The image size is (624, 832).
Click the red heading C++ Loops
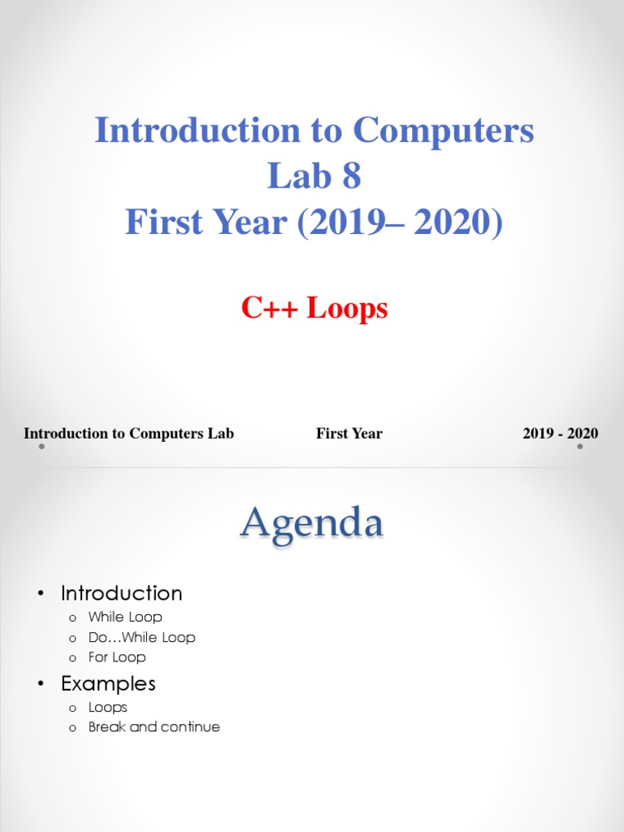pos(314,309)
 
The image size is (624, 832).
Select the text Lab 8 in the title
pos(314,176)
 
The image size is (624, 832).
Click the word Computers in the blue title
pos(443,131)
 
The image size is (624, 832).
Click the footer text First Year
pos(349,433)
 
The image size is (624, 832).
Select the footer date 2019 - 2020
pos(561,433)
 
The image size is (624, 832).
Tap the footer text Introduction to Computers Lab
pos(128,433)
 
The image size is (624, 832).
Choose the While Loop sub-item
pos(125,617)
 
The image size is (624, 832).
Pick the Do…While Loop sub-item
pos(141,638)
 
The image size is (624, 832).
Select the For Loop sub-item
pos(117,657)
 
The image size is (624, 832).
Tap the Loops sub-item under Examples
pos(108,708)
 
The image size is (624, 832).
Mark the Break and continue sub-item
pos(154,727)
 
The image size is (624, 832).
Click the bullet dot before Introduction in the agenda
pos(40,594)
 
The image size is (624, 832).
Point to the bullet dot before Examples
pos(40,684)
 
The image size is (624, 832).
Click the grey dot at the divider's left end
pos(41,446)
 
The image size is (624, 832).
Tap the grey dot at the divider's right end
pos(580,446)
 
